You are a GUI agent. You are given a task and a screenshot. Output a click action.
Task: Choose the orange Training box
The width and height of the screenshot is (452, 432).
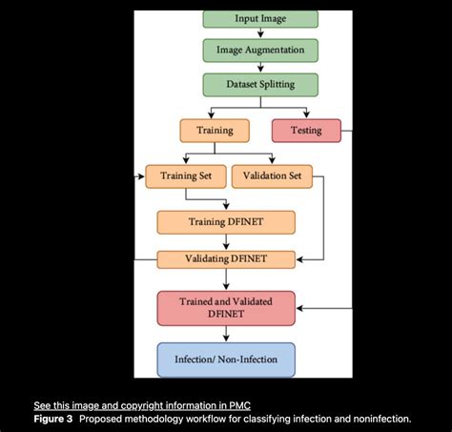pos(215,129)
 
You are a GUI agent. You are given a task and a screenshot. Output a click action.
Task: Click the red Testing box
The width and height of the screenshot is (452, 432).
pos(305,130)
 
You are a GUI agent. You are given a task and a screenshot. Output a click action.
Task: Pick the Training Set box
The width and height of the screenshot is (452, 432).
pos(186,176)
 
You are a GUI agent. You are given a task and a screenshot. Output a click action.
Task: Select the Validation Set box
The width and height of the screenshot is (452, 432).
pos(272,176)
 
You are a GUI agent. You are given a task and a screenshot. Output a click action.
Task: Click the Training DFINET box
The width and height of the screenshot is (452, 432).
pos(226,222)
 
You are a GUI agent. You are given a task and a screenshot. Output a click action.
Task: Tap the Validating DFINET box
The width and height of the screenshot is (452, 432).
pos(226,258)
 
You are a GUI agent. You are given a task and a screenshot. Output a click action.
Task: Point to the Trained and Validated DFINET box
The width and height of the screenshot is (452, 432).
pos(226,308)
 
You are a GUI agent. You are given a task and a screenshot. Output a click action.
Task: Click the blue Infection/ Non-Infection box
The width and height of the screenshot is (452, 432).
pos(226,360)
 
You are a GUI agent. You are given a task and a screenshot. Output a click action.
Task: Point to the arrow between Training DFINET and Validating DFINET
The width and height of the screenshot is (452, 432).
pos(226,241)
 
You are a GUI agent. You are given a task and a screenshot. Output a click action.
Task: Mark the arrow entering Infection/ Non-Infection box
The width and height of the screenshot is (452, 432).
pos(226,335)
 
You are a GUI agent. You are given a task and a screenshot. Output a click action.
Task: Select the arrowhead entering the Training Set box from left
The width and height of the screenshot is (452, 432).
pos(141,176)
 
